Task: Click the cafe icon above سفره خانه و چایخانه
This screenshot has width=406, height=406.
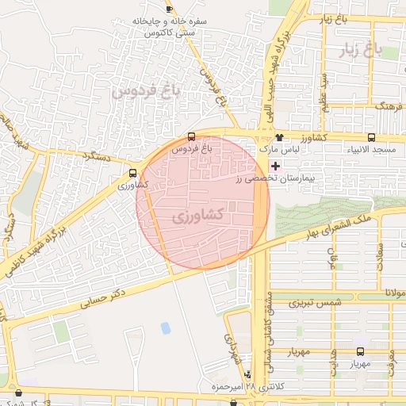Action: [168, 8]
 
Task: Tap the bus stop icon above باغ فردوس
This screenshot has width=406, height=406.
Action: [191, 136]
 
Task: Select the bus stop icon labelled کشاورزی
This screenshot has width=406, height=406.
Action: [132, 171]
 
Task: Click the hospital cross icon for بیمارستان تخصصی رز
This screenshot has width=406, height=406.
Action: [275, 166]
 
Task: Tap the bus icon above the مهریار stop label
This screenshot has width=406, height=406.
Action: [361, 351]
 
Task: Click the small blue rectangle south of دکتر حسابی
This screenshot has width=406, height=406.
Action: [165, 327]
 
